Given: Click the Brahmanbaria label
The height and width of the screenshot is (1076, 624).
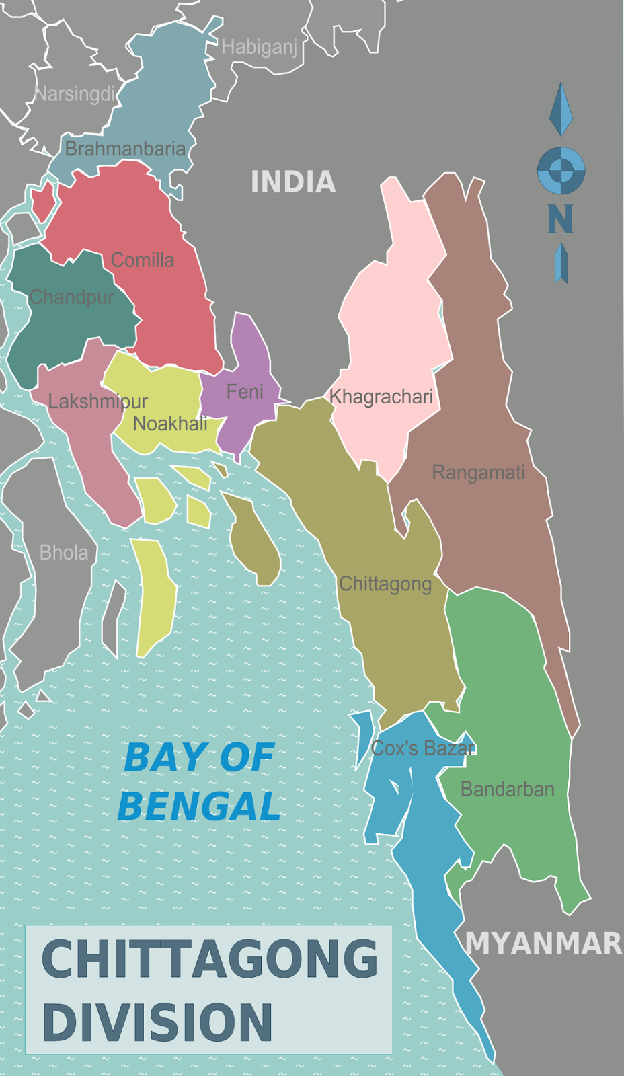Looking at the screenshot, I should pos(125,149).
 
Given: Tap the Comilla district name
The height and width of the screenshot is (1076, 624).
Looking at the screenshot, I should pos(143,260).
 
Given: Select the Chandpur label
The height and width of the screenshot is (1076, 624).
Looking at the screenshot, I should pos(72,297).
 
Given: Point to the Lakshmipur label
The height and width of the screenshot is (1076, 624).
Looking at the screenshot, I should pos(97,401).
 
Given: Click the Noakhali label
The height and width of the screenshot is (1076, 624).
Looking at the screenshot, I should pos(170,424).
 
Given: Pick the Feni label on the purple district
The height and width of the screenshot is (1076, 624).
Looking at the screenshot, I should pos(245,391).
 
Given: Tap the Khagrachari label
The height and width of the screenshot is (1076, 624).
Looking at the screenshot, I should pos(381,397).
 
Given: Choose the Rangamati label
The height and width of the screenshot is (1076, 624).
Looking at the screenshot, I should pos(478,473).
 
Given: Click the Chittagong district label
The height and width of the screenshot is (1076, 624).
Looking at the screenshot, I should pos(385,584).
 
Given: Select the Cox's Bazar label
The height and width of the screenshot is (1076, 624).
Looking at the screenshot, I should pos(423,748).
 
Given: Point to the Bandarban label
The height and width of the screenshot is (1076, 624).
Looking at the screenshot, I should pos(507,789).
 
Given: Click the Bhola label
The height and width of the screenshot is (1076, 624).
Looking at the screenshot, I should pos(64,553).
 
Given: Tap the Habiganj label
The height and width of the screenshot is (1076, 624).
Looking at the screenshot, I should pos(259,47).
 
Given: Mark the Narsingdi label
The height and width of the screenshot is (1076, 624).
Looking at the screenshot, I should pos(75,94).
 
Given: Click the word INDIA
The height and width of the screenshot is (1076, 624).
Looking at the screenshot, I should pos(293,182).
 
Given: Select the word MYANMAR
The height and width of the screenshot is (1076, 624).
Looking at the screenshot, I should pos(543,944).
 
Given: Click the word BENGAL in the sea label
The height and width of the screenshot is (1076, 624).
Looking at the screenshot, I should pos(199,806).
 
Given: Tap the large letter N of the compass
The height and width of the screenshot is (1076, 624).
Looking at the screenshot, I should pos(560,219).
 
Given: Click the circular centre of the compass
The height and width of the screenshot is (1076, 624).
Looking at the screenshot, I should pos(561,170).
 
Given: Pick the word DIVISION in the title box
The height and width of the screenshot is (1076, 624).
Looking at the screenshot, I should pos(158,1023).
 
